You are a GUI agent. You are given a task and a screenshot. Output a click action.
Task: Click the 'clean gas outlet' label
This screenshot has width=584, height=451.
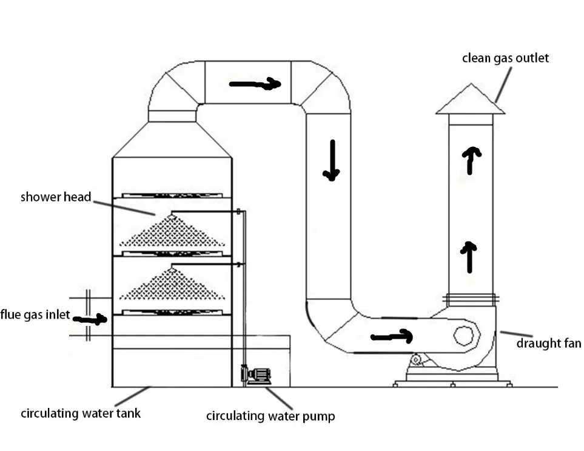(x=505, y=58)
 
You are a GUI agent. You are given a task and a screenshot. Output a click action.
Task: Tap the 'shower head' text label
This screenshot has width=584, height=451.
(x=56, y=197)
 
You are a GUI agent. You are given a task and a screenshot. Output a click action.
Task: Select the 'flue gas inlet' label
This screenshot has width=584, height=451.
(x=35, y=314)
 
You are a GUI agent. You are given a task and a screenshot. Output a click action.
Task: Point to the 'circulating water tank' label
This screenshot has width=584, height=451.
(x=81, y=413)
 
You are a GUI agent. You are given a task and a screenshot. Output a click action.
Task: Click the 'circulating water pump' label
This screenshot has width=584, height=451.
(x=270, y=416)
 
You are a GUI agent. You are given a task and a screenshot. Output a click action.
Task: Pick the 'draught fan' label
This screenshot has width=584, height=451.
(x=549, y=343)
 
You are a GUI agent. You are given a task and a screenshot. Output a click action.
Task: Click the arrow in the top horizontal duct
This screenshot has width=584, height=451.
(x=255, y=84)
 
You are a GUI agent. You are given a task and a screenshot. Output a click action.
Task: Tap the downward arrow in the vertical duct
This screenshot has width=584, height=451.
(x=332, y=160)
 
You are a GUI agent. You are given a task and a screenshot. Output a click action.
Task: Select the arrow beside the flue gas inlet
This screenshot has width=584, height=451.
(x=90, y=319)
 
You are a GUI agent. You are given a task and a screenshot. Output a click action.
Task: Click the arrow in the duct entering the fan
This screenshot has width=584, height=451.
(x=391, y=336)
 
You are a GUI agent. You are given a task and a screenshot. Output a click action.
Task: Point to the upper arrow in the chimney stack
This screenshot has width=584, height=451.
(x=471, y=161)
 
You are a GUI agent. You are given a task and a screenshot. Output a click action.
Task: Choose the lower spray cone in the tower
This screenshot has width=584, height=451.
(x=172, y=283)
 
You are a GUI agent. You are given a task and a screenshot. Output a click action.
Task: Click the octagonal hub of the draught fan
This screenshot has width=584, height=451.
(x=464, y=336)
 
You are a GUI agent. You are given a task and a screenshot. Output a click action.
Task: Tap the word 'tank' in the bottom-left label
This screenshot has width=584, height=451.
(x=128, y=413)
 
